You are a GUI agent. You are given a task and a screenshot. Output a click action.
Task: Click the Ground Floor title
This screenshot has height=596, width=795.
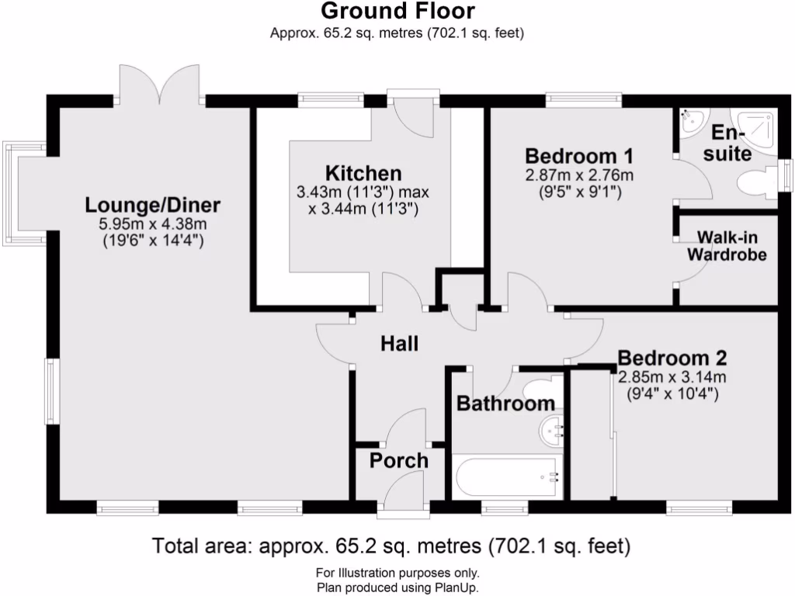(x=397, y=12)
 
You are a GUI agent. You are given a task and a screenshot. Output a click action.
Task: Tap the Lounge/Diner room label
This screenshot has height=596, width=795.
(x=153, y=206)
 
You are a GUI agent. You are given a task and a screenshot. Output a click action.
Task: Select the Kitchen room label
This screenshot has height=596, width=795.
(x=363, y=173)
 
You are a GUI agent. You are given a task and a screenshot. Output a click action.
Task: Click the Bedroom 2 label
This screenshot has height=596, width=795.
(x=672, y=359)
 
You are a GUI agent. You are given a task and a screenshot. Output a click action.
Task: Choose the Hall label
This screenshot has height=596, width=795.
(x=399, y=343)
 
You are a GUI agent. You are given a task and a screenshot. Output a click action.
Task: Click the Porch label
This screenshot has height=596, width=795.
(x=398, y=460)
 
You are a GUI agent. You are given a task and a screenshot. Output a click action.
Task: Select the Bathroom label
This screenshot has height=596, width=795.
(x=505, y=404)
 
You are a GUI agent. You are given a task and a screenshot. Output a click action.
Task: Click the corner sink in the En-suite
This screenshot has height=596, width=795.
(x=689, y=121)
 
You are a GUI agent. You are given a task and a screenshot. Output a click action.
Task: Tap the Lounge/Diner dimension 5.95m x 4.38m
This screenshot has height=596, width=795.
(x=153, y=224)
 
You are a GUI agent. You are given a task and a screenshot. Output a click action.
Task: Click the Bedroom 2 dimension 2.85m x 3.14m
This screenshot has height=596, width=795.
(x=672, y=378)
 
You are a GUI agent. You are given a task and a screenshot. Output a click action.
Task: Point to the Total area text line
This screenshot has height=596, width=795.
(x=391, y=546)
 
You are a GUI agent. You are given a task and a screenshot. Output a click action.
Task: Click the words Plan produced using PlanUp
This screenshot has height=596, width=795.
(x=397, y=587)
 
